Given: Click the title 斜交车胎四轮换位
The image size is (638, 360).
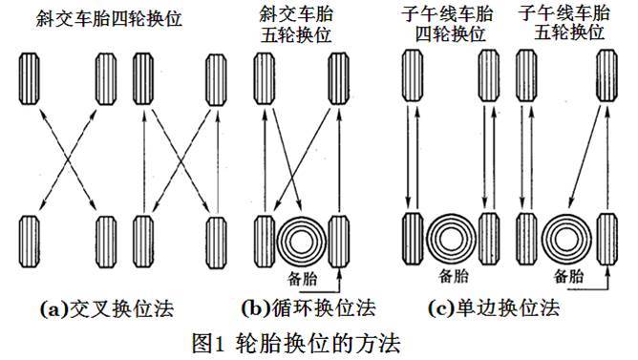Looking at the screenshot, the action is [x=109, y=18].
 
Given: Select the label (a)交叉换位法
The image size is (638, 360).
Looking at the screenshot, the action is [x=107, y=308].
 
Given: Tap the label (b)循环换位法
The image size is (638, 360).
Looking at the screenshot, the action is [x=308, y=308].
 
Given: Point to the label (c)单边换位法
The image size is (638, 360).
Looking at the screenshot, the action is [x=494, y=308].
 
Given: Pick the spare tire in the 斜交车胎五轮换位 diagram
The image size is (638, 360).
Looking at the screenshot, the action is [x=301, y=242].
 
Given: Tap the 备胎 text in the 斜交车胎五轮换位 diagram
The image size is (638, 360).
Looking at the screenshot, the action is [x=302, y=279].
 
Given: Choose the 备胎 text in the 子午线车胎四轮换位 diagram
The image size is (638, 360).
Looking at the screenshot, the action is [x=454, y=276].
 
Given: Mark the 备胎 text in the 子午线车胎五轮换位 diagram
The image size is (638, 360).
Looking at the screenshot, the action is [x=569, y=276].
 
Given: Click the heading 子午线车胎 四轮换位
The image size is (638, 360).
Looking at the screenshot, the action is [x=448, y=24].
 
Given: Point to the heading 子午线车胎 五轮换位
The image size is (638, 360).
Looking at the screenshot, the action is [x=564, y=23].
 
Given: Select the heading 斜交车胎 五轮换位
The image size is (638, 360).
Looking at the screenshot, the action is [x=296, y=25].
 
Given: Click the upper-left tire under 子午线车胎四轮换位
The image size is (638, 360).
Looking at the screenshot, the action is [x=413, y=75].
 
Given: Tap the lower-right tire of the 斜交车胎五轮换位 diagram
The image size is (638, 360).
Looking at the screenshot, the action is [x=338, y=242].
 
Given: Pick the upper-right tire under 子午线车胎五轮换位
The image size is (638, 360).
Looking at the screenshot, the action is [x=606, y=75].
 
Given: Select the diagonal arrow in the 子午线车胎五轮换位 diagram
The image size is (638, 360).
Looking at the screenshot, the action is [x=585, y=158].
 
